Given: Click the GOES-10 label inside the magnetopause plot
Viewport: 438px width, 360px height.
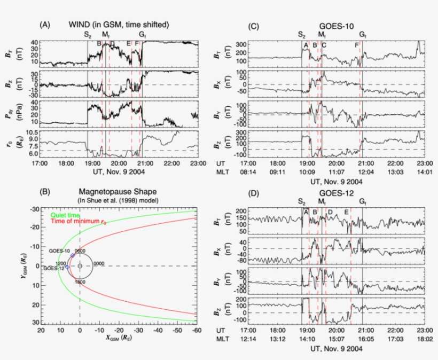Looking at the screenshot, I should pos(59,250).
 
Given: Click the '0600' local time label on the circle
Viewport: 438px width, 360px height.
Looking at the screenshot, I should pos(80,250).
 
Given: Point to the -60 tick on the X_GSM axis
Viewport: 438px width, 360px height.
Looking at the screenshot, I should pos(197,331).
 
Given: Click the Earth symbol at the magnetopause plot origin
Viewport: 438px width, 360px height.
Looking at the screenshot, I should pos(80,265).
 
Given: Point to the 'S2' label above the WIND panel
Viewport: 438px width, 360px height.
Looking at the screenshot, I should pos(88,35).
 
